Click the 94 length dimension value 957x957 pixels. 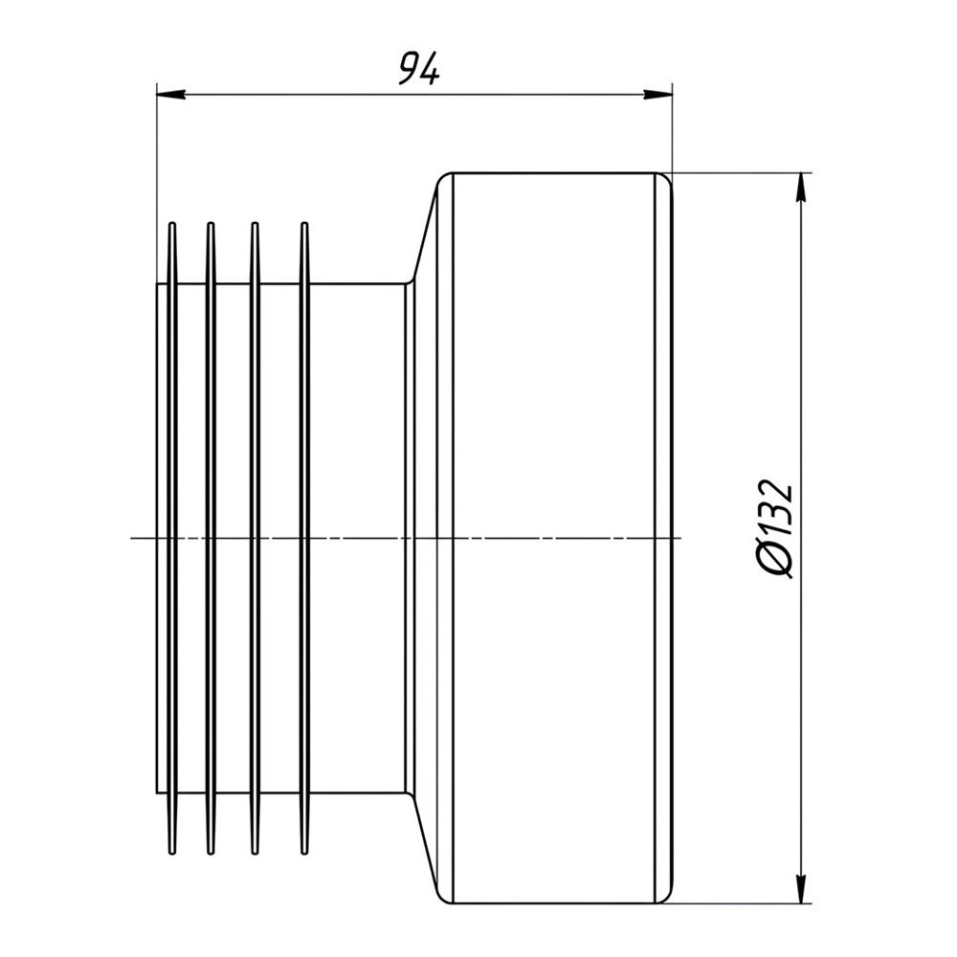[x=419, y=68]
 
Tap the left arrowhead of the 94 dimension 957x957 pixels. [x=171, y=94]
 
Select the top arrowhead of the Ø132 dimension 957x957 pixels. [x=801, y=188]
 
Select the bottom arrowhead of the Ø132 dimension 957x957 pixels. [x=801, y=889]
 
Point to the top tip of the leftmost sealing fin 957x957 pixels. [x=172, y=223]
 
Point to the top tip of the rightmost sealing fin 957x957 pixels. [x=304, y=223]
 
